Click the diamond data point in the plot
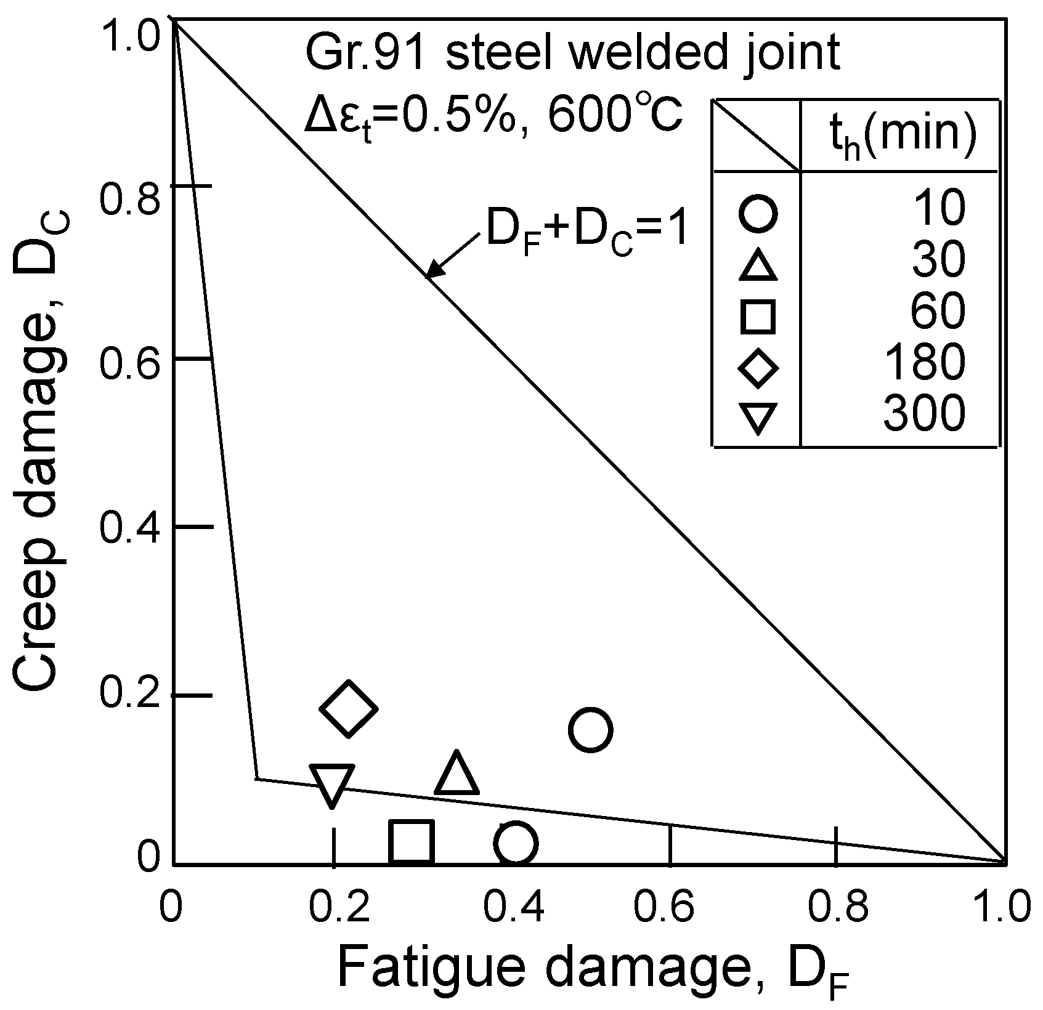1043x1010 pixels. tap(349, 709)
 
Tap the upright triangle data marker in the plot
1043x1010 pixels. tap(457, 774)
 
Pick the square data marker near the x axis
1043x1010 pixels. tap(412, 841)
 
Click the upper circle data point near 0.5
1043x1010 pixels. tap(590, 730)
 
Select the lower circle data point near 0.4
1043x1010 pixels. tap(516, 842)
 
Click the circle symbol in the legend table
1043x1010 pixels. tap(757, 214)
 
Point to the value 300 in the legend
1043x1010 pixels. tap(923, 413)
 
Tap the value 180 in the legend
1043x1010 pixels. tap(923, 363)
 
